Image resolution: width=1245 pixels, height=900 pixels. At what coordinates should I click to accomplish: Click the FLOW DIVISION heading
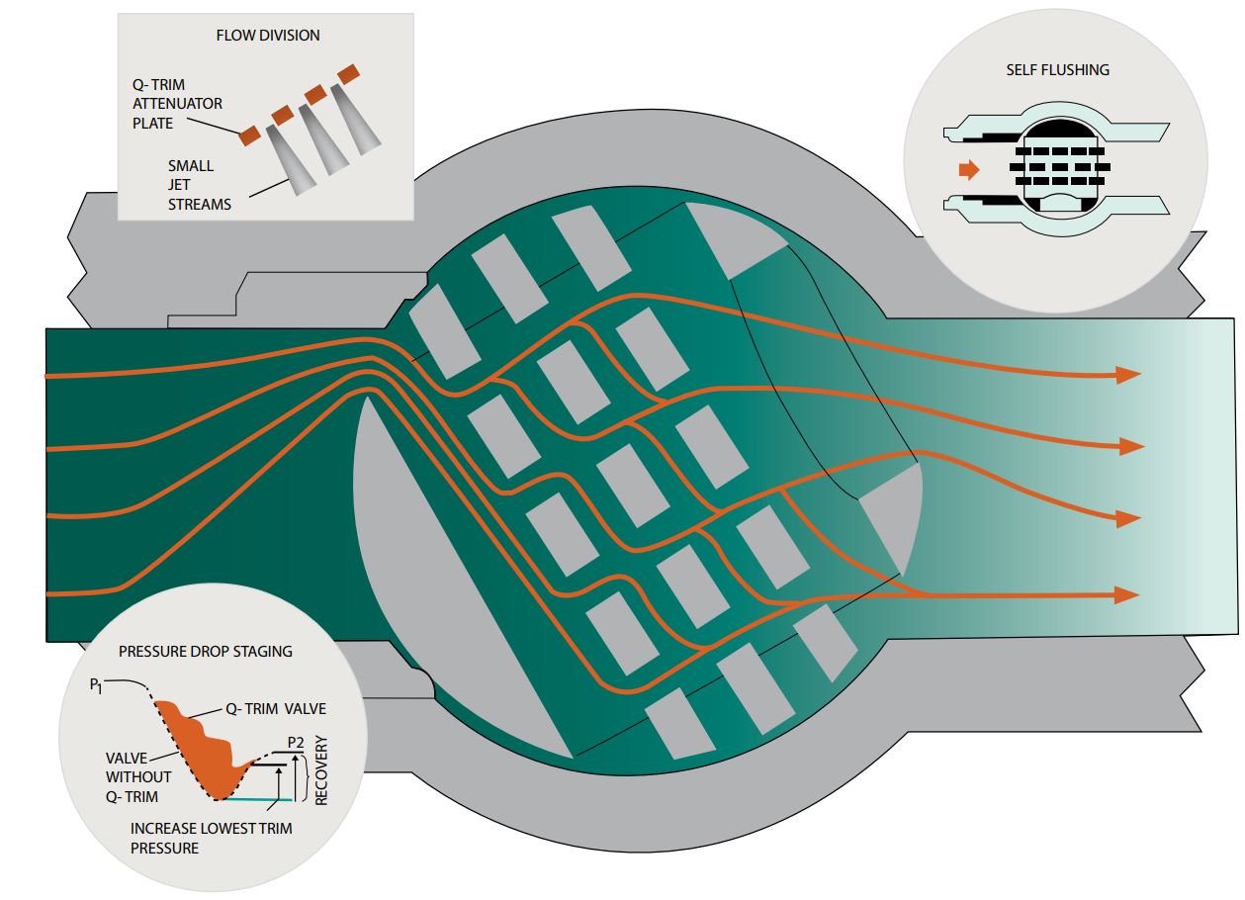[268, 36]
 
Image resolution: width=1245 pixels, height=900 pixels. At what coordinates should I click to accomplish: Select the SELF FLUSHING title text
[1057, 70]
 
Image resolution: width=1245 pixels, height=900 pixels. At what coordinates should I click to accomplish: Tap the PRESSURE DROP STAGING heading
[206, 653]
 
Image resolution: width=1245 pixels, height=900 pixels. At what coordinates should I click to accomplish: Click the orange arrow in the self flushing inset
[969, 170]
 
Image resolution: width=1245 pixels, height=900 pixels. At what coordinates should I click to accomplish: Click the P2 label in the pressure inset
[295, 742]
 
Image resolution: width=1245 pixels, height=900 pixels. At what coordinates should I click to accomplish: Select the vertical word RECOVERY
[321, 769]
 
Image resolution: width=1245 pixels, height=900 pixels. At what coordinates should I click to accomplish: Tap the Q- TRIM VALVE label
[276, 708]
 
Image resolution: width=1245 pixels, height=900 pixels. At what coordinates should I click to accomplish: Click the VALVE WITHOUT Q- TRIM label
[139, 776]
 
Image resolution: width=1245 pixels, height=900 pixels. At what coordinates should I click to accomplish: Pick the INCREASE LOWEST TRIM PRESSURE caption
[211, 838]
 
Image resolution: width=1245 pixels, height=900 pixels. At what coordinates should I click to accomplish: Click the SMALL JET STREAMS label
[199, 185]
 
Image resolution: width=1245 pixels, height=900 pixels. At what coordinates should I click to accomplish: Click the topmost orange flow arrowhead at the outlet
[1128, 375]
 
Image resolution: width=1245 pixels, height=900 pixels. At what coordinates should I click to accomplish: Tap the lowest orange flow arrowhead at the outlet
[1127, 594]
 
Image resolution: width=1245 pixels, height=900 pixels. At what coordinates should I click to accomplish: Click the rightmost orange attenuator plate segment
[347, 74]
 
